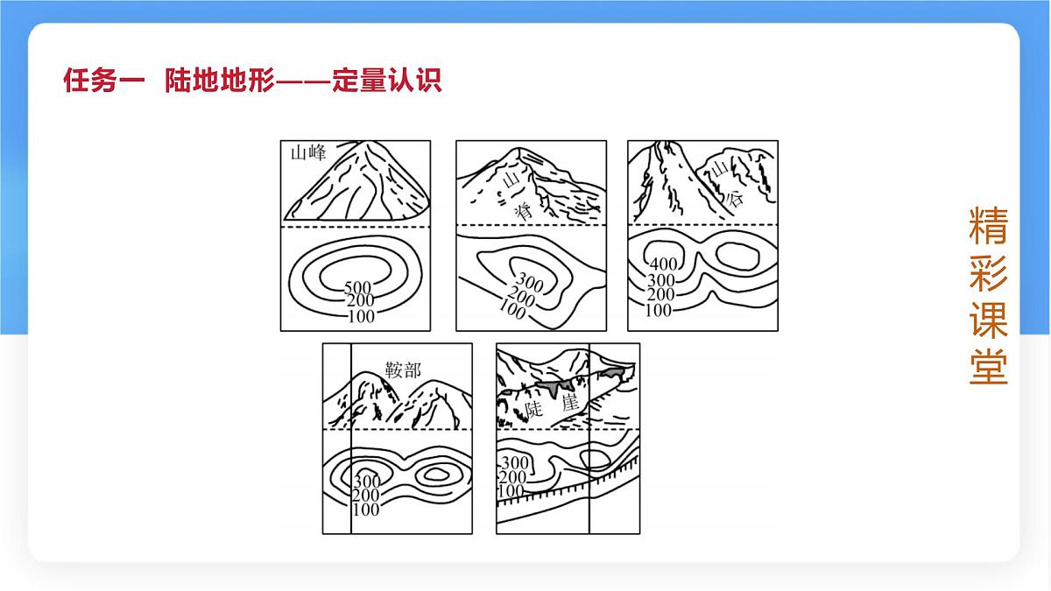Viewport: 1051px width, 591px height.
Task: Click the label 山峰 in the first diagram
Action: click(307, 153)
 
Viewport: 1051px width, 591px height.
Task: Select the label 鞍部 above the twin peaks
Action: click(404, 369)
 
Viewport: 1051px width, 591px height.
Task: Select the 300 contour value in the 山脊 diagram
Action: click(529, 280)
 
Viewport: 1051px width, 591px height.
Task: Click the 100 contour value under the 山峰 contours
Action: click(361, 316)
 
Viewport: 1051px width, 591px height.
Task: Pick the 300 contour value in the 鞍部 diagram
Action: click(366, 481)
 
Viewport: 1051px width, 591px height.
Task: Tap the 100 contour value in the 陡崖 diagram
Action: click(511, 492)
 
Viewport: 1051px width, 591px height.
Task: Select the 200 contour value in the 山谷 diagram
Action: click(660, 295)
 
